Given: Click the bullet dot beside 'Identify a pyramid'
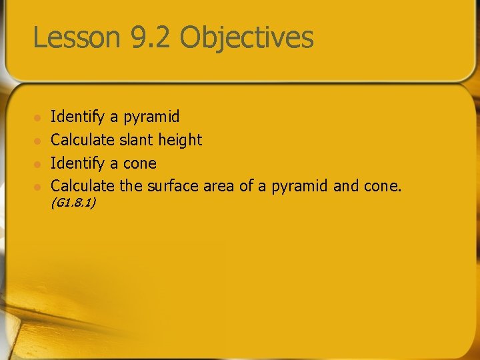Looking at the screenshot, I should [38, 117].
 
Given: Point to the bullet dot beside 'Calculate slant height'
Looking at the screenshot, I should [38, 141].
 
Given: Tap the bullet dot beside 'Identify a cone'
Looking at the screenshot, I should [38, 164].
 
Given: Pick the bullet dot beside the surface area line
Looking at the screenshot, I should [38, 187].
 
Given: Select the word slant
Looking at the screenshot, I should [136, 140].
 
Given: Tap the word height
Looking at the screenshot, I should [180, 141].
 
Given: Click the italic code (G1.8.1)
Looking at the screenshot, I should [73, 202].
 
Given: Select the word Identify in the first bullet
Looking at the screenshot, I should [78, 117].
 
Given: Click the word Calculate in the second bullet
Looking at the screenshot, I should [82, 140].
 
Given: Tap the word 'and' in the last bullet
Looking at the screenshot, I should [345, 187].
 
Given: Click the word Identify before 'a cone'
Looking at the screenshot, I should [78, 164].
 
